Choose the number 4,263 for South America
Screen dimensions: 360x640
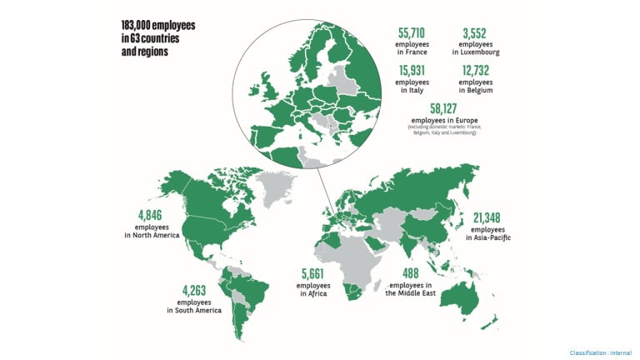point(194,290)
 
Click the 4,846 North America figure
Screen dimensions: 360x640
point(152,213)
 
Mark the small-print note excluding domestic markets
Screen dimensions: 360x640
point(444,130)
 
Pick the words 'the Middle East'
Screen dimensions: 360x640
point(412,293)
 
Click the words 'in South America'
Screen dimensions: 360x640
point(194,311)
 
